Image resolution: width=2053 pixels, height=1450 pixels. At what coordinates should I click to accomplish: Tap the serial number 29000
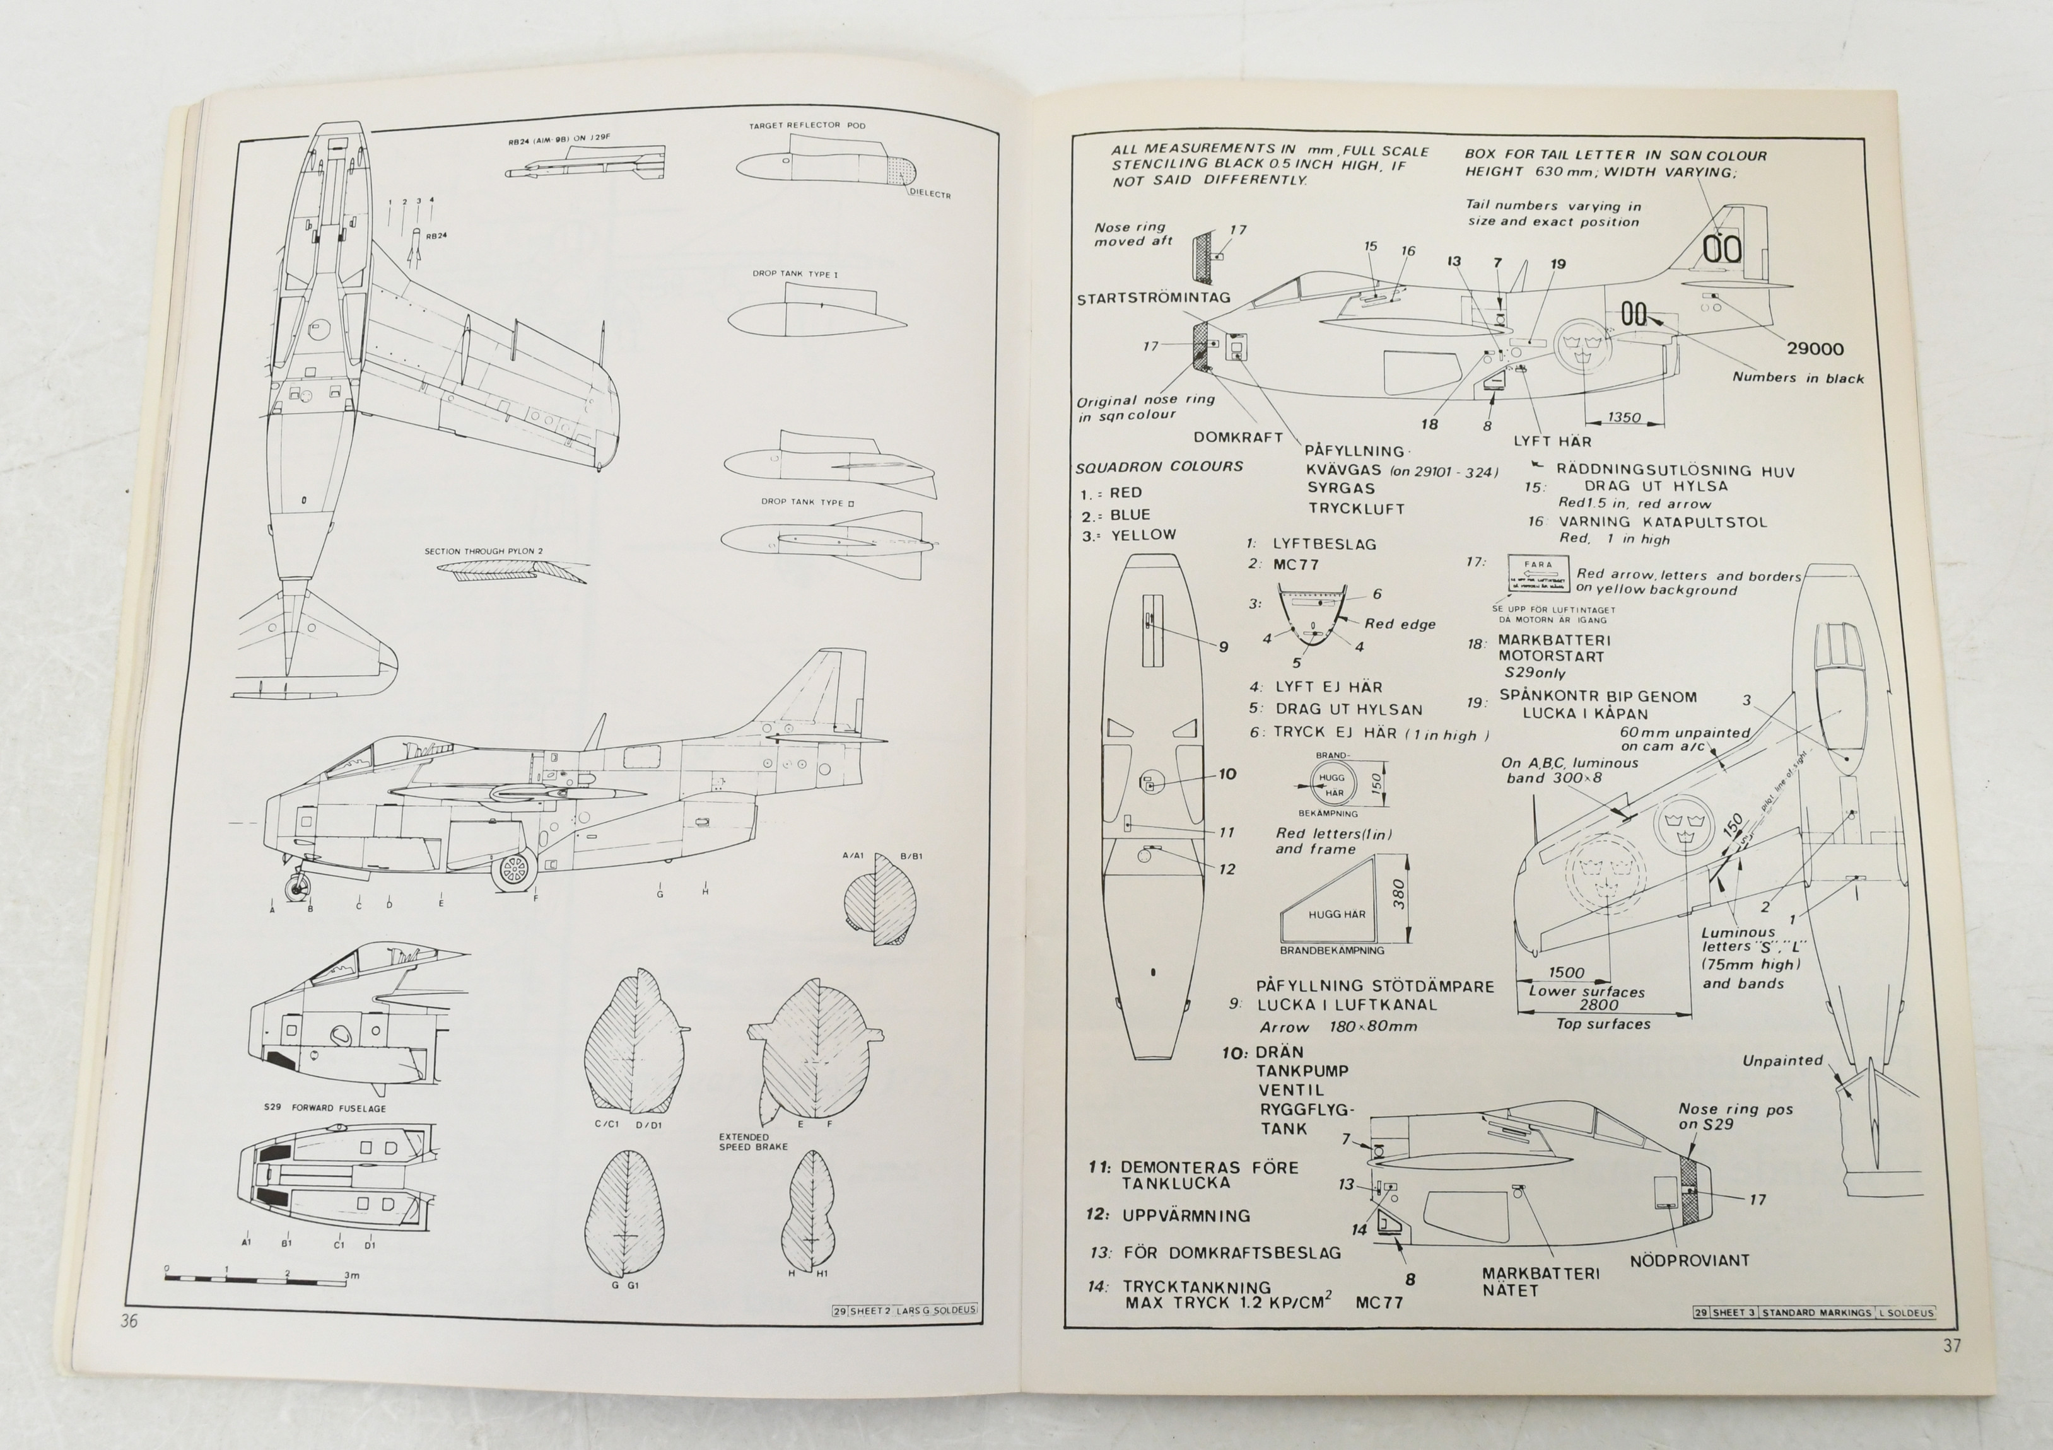pyautogui.click(x=1815, y=349)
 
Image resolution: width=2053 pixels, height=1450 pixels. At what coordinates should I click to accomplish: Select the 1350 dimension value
pyautogui.click(x=1624, y=417)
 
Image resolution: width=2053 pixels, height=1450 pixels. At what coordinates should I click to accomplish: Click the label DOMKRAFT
pyautogui.click(x=1237, y=437)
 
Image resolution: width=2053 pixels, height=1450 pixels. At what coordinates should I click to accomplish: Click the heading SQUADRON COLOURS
pyautogui.click(x=1159, y=467)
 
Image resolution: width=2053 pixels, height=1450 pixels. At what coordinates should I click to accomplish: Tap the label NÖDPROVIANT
pyautogui.click(x=1689, y=1260)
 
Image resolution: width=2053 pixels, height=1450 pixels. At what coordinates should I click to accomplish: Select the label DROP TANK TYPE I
pyautogui.click(x=795, y=274)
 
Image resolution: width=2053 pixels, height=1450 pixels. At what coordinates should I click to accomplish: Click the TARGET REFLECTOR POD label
pyautogui.click(x=807, y=126)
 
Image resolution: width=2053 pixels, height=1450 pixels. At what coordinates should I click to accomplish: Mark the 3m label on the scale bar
pyautogui.click(x=351, y=1275)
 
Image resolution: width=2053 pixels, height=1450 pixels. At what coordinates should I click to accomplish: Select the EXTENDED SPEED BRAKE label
pyautogui.click(x=753, y=1142)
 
